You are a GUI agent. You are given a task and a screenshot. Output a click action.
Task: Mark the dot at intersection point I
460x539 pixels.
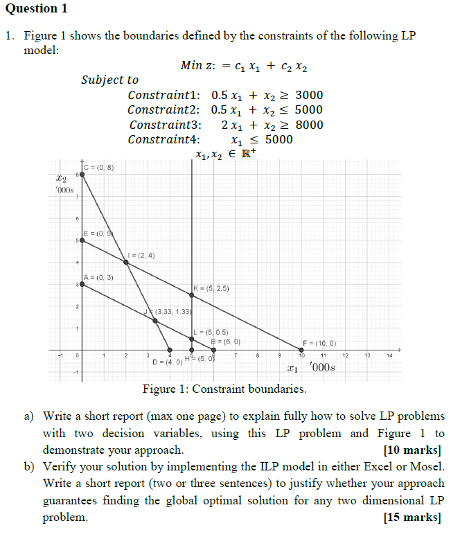click(126, 262)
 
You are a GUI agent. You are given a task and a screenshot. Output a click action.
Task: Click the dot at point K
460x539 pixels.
click(192, 295)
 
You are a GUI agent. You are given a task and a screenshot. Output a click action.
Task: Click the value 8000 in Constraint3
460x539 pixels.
click(309, 125)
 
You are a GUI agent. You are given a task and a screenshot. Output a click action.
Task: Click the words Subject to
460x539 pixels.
click(109, 80)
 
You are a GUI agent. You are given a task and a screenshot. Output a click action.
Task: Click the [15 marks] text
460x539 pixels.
click(412, 517)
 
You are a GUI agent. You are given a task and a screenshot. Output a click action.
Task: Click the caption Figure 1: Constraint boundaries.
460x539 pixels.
click(224, 389)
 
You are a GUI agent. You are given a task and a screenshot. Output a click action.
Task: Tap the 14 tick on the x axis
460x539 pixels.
click(390, 356)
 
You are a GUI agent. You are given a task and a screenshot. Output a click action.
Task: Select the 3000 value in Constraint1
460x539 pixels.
click(309, 95)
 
